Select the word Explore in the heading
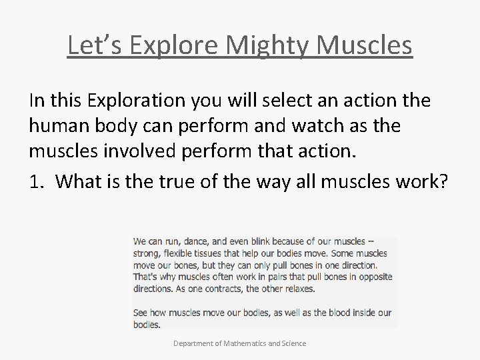[175, 45]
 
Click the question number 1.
[35, 182]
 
